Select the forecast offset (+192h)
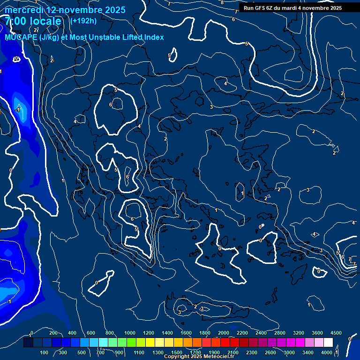coord(83,21)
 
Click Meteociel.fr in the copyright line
coord(218,357)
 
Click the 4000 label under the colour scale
coord(327,352)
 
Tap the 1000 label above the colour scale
coord(130,333)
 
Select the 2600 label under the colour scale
coord(270,352)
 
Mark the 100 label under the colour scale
coord(45,352)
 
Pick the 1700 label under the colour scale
coord(195,352)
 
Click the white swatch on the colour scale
coord(328,343)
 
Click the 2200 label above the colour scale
coord(242,333)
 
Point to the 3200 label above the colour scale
coord(299,333)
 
